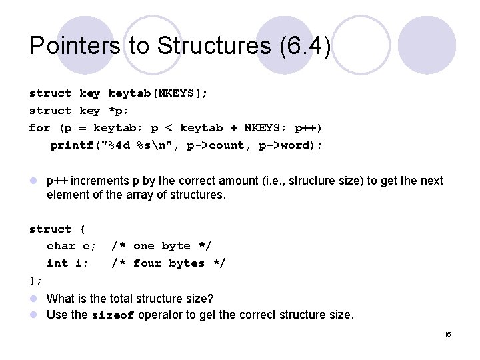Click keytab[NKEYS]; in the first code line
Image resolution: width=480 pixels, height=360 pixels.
157,93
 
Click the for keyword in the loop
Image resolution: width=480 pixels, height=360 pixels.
39,128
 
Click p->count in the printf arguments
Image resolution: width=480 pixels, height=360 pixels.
223,145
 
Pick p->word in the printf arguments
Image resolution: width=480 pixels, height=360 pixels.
291,145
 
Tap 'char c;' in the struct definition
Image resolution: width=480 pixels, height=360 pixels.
71,246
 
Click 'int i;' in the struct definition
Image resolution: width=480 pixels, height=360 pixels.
67,263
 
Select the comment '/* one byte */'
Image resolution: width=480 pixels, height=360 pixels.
161,246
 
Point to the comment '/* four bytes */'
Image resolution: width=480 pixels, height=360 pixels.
168,263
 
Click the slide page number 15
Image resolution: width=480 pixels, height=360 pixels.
447,334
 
